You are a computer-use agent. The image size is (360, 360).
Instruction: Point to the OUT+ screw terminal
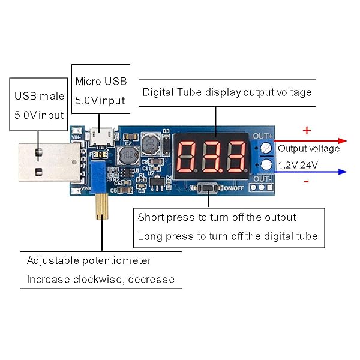[x=268, y=148]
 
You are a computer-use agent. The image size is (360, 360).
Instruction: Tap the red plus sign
[x=307, y=130]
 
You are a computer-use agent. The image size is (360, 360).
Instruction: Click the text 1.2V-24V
[x=299, y=164]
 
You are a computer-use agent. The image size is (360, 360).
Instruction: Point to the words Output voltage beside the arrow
[x=308, y=148]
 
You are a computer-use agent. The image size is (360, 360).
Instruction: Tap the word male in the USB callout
[x=51, y=96]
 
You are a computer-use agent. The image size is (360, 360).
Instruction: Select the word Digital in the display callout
[x=158, y=92]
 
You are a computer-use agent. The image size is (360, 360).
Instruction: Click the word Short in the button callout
[x=151, y=217]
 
